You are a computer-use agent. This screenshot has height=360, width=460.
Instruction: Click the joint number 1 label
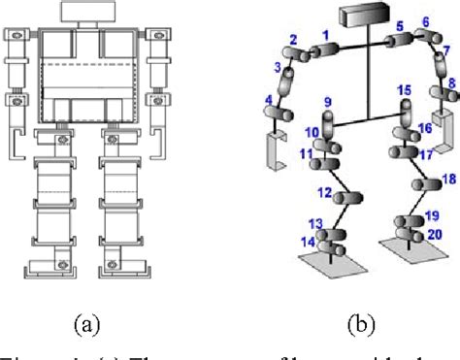(326, 35)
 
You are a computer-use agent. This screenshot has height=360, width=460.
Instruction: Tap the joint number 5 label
(399, 25)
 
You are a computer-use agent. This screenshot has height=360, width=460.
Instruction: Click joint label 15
(404, 90)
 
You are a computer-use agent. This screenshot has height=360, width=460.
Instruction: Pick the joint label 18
(447, 180)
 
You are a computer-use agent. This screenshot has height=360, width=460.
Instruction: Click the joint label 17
(425, 154)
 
